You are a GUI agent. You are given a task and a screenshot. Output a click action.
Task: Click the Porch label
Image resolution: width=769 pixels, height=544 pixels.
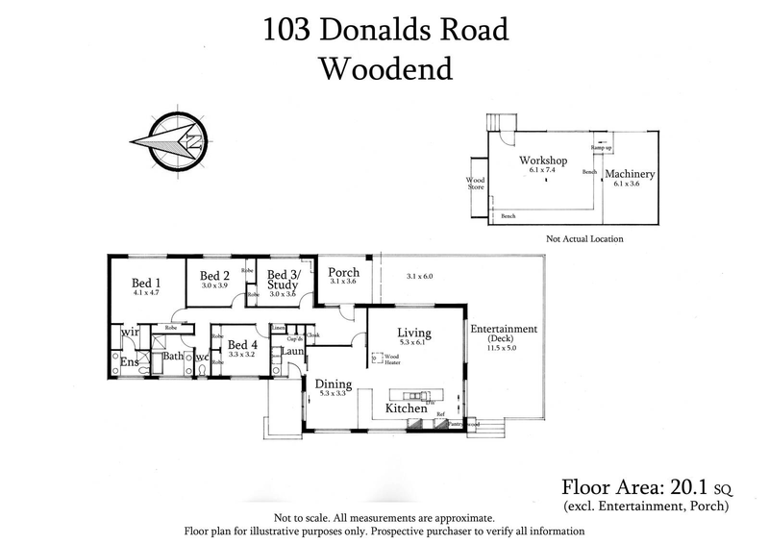(x=342, y=271)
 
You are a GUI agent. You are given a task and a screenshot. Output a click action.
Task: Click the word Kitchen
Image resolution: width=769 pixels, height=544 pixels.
(x=406, y=409)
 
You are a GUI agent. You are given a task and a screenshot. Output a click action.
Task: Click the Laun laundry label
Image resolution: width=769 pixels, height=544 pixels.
(x=293, y=353)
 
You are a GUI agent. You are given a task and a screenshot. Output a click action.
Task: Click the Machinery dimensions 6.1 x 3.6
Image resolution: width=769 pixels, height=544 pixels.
(x=630, y=184)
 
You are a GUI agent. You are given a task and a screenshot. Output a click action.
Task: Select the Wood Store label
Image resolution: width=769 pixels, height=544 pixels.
(x=476, y=184)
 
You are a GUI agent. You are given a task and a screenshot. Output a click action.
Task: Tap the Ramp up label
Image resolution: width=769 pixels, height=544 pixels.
(x=600, y=147)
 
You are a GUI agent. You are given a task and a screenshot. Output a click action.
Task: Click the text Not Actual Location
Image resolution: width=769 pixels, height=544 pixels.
(x=584, y=238)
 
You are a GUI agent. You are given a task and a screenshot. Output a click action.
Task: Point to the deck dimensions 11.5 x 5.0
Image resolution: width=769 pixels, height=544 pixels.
(x=503, y=349)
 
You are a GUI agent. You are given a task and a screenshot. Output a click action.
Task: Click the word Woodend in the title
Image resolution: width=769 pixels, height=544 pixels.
(x=384, y=69)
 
